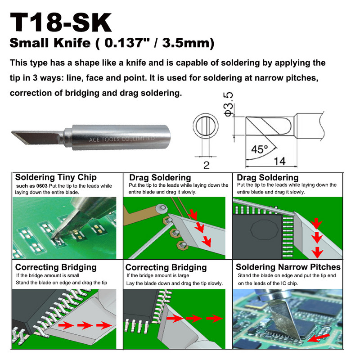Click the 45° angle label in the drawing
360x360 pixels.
(x=258, y=149)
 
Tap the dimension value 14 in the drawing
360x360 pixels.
(x=281, y=161)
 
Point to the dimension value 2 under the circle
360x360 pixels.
(x=207, y=165)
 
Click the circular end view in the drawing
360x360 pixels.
(x=207, y=127)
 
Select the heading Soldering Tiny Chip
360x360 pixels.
(x=56, y=177)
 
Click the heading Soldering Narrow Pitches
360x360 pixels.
(x=288, y=267)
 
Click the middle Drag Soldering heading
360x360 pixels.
(x=160, y=177)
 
